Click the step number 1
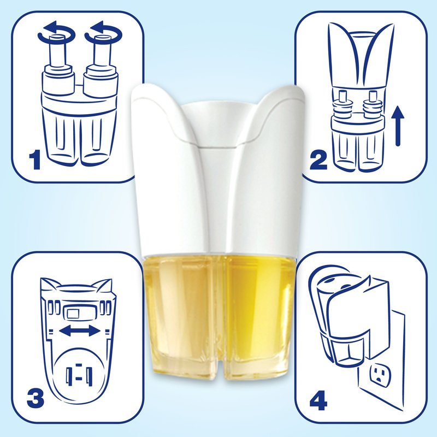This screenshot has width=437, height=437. coord(35,160)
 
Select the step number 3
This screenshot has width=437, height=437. coord(36,399)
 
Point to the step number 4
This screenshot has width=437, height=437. coord(318,400)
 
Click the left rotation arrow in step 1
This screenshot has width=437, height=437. coord(56,33)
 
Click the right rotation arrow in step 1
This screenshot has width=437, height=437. coord(103,33)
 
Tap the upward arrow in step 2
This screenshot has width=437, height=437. coord(400,127)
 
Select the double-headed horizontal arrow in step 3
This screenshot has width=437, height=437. coord(80,331)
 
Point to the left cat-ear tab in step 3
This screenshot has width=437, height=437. coord(50,284)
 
